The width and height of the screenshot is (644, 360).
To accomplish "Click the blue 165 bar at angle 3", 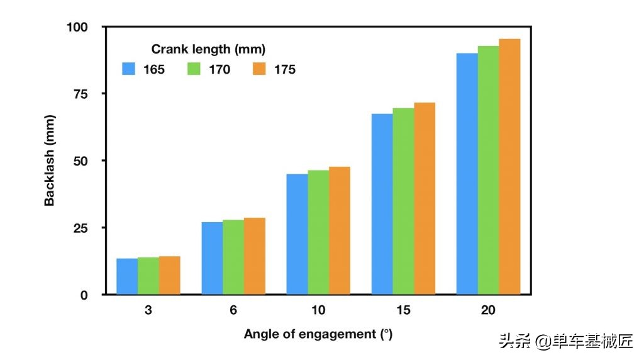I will coord(127,276).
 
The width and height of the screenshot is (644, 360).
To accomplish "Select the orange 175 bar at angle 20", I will coord(509,167).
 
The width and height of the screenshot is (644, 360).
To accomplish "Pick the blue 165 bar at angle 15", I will coord(382,204).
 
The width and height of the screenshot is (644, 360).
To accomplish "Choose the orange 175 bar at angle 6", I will coord(255,256).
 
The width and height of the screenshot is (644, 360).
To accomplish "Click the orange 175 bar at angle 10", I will coord(340,230).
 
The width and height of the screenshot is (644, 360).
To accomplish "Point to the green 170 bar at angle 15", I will coord(403,201).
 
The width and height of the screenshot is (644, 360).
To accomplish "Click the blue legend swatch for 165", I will coord(129,69).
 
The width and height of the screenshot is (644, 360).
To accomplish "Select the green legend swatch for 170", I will coord(194,69).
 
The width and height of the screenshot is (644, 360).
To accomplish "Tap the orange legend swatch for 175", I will coord(260,69).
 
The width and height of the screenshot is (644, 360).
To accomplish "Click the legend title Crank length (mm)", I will coord(208,49).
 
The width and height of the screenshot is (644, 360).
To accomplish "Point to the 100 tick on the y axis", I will coord(80,27).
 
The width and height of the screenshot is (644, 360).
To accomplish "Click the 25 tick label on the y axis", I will coord(84,228).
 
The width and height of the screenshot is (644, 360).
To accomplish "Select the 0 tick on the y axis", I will coord(88,295).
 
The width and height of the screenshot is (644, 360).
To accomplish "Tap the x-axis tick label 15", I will coord(403,310).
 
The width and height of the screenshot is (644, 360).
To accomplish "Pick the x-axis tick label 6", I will coord(233,310).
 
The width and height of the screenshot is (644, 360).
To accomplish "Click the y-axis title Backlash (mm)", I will coord(50,160).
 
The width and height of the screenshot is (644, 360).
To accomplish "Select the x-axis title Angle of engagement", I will coord(318,334).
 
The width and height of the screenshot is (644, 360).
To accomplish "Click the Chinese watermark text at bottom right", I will coord(565,342).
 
